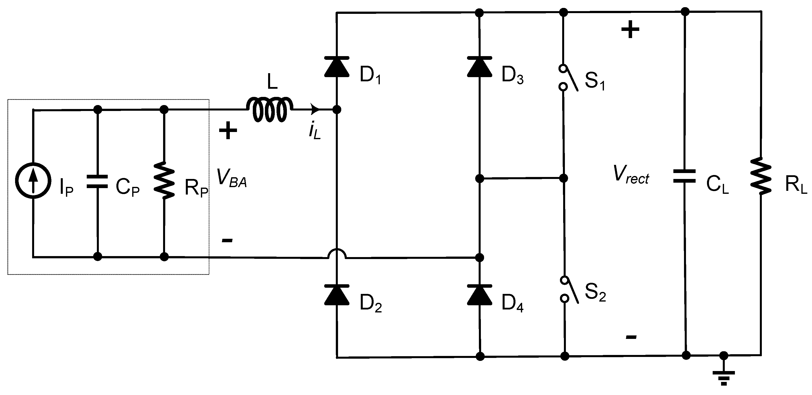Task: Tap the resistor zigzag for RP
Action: [x=164, y=180]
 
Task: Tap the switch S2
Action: [x=569, y=289]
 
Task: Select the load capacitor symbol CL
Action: [x=684, y=176]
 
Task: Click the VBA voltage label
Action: [x=232, y=178]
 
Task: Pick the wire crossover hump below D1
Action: [x=337, y=254]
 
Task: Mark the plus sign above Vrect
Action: [x=630, y=30]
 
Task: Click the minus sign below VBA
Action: [x=227, y=241]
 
